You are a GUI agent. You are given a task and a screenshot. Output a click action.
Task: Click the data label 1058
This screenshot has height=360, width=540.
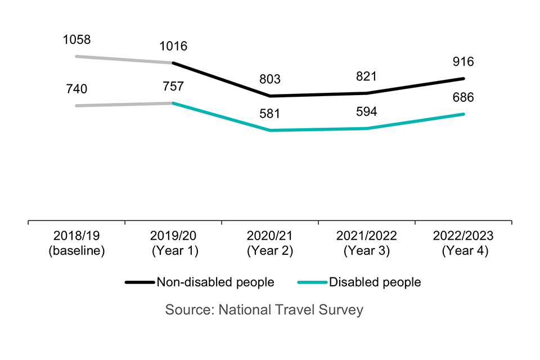pos(78,40)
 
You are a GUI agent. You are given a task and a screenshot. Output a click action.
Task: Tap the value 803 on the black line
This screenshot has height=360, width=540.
pos(271,79)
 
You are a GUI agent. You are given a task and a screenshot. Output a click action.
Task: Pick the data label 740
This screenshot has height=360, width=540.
pos(78,89)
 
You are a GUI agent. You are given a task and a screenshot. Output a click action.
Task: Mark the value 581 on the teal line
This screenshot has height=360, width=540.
pos(271,114)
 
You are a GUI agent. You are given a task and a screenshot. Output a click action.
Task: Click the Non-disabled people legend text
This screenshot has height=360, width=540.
pos(216,282)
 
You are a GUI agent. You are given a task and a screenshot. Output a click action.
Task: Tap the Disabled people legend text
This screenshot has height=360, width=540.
pos(375,282)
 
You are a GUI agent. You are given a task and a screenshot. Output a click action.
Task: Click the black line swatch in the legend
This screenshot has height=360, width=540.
pos(139,282)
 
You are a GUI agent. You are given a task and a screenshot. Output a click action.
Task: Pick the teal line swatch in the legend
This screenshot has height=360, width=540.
pos(313,282)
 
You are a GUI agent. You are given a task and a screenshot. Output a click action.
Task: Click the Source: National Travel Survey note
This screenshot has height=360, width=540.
pos(264,309)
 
